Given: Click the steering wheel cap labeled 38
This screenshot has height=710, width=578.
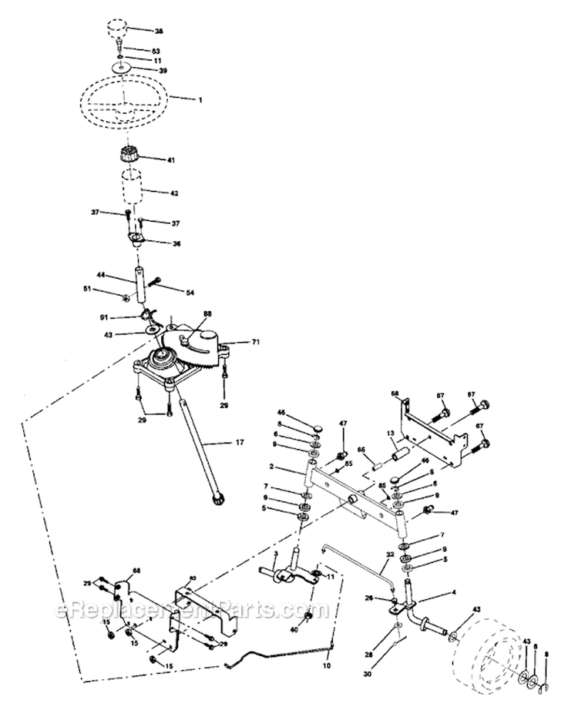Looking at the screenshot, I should (x=117, y=32).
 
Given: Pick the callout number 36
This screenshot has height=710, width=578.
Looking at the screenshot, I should (x=176, y=243).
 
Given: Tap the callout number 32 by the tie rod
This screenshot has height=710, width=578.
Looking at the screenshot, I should (x=390, y=554).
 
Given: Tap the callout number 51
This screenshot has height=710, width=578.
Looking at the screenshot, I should (x=109, y=290).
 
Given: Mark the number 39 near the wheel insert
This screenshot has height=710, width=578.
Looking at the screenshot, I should (x=163, y=70).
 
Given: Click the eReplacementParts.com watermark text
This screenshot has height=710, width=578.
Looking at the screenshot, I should (x=193, y=612).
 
